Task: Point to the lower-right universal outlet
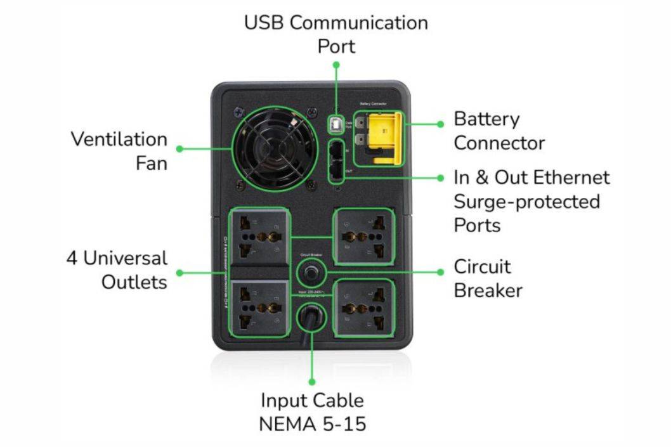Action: (x=363, y=308)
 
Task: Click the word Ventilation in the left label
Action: (x=119, y=139)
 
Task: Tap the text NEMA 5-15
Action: (x=312, y=424)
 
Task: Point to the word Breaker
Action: (x=488, y=290)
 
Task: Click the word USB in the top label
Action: (x=266, y=23)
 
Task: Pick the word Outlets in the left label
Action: (x=134, y=282)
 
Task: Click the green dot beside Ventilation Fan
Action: (x=179, y=149)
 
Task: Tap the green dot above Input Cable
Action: (x=312, y=382)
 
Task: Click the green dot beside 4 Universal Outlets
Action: (x=179, y=273)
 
